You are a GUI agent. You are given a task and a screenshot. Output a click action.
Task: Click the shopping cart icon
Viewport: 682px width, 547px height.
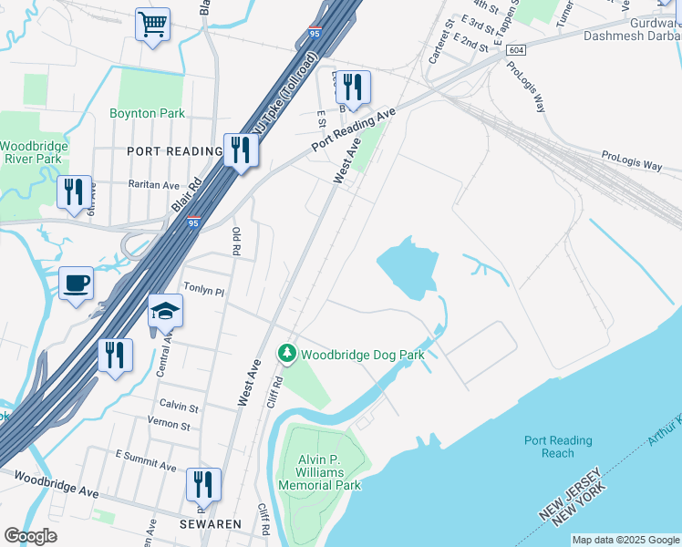coord(152,24)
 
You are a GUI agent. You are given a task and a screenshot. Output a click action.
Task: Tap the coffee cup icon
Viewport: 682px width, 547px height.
coord(76,282)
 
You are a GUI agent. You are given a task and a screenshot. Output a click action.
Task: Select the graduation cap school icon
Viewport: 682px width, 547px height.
coord(166,311)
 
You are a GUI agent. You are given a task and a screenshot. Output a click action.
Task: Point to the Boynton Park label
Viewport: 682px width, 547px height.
coord(148,113)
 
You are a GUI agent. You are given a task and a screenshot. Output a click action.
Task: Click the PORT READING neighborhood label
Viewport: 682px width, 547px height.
coord(174,151)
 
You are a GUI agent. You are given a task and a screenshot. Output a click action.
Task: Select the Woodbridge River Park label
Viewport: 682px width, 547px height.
coord(31,152)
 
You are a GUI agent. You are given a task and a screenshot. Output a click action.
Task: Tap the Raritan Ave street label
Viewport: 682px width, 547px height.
coord(153,184)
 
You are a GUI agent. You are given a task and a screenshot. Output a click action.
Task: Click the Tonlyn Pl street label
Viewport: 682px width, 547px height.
coord(204,290)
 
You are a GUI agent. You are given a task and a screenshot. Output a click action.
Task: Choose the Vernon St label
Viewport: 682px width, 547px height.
coord(170,426)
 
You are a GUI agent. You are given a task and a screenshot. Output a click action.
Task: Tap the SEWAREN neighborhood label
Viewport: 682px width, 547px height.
coord(210,524)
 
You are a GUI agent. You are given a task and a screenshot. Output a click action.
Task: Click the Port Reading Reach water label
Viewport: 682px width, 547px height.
coord(557,447)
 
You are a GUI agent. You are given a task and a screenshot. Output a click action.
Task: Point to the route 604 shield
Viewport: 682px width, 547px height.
coord(517,50)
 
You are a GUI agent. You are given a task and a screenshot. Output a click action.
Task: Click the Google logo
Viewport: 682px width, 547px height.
coord(30,536)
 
